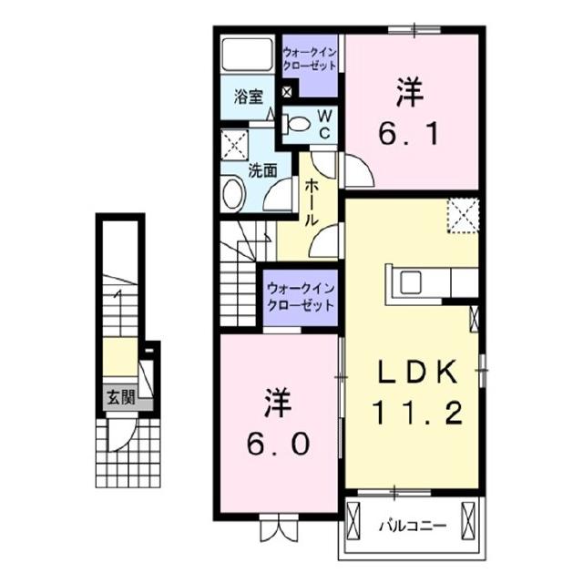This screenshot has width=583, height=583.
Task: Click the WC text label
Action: pos(323,123)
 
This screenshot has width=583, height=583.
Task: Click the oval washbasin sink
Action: pos(233,193)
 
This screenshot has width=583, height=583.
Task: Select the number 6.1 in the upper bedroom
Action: pos(411,135)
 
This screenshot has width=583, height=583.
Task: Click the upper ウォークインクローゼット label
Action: pos(310,59)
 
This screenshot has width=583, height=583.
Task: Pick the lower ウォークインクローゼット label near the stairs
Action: pos(300,297)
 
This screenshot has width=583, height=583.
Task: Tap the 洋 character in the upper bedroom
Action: pos(410,92)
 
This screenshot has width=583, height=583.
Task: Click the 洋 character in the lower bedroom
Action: pos(280,401)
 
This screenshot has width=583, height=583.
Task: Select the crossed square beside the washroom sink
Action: pos(235,144)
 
